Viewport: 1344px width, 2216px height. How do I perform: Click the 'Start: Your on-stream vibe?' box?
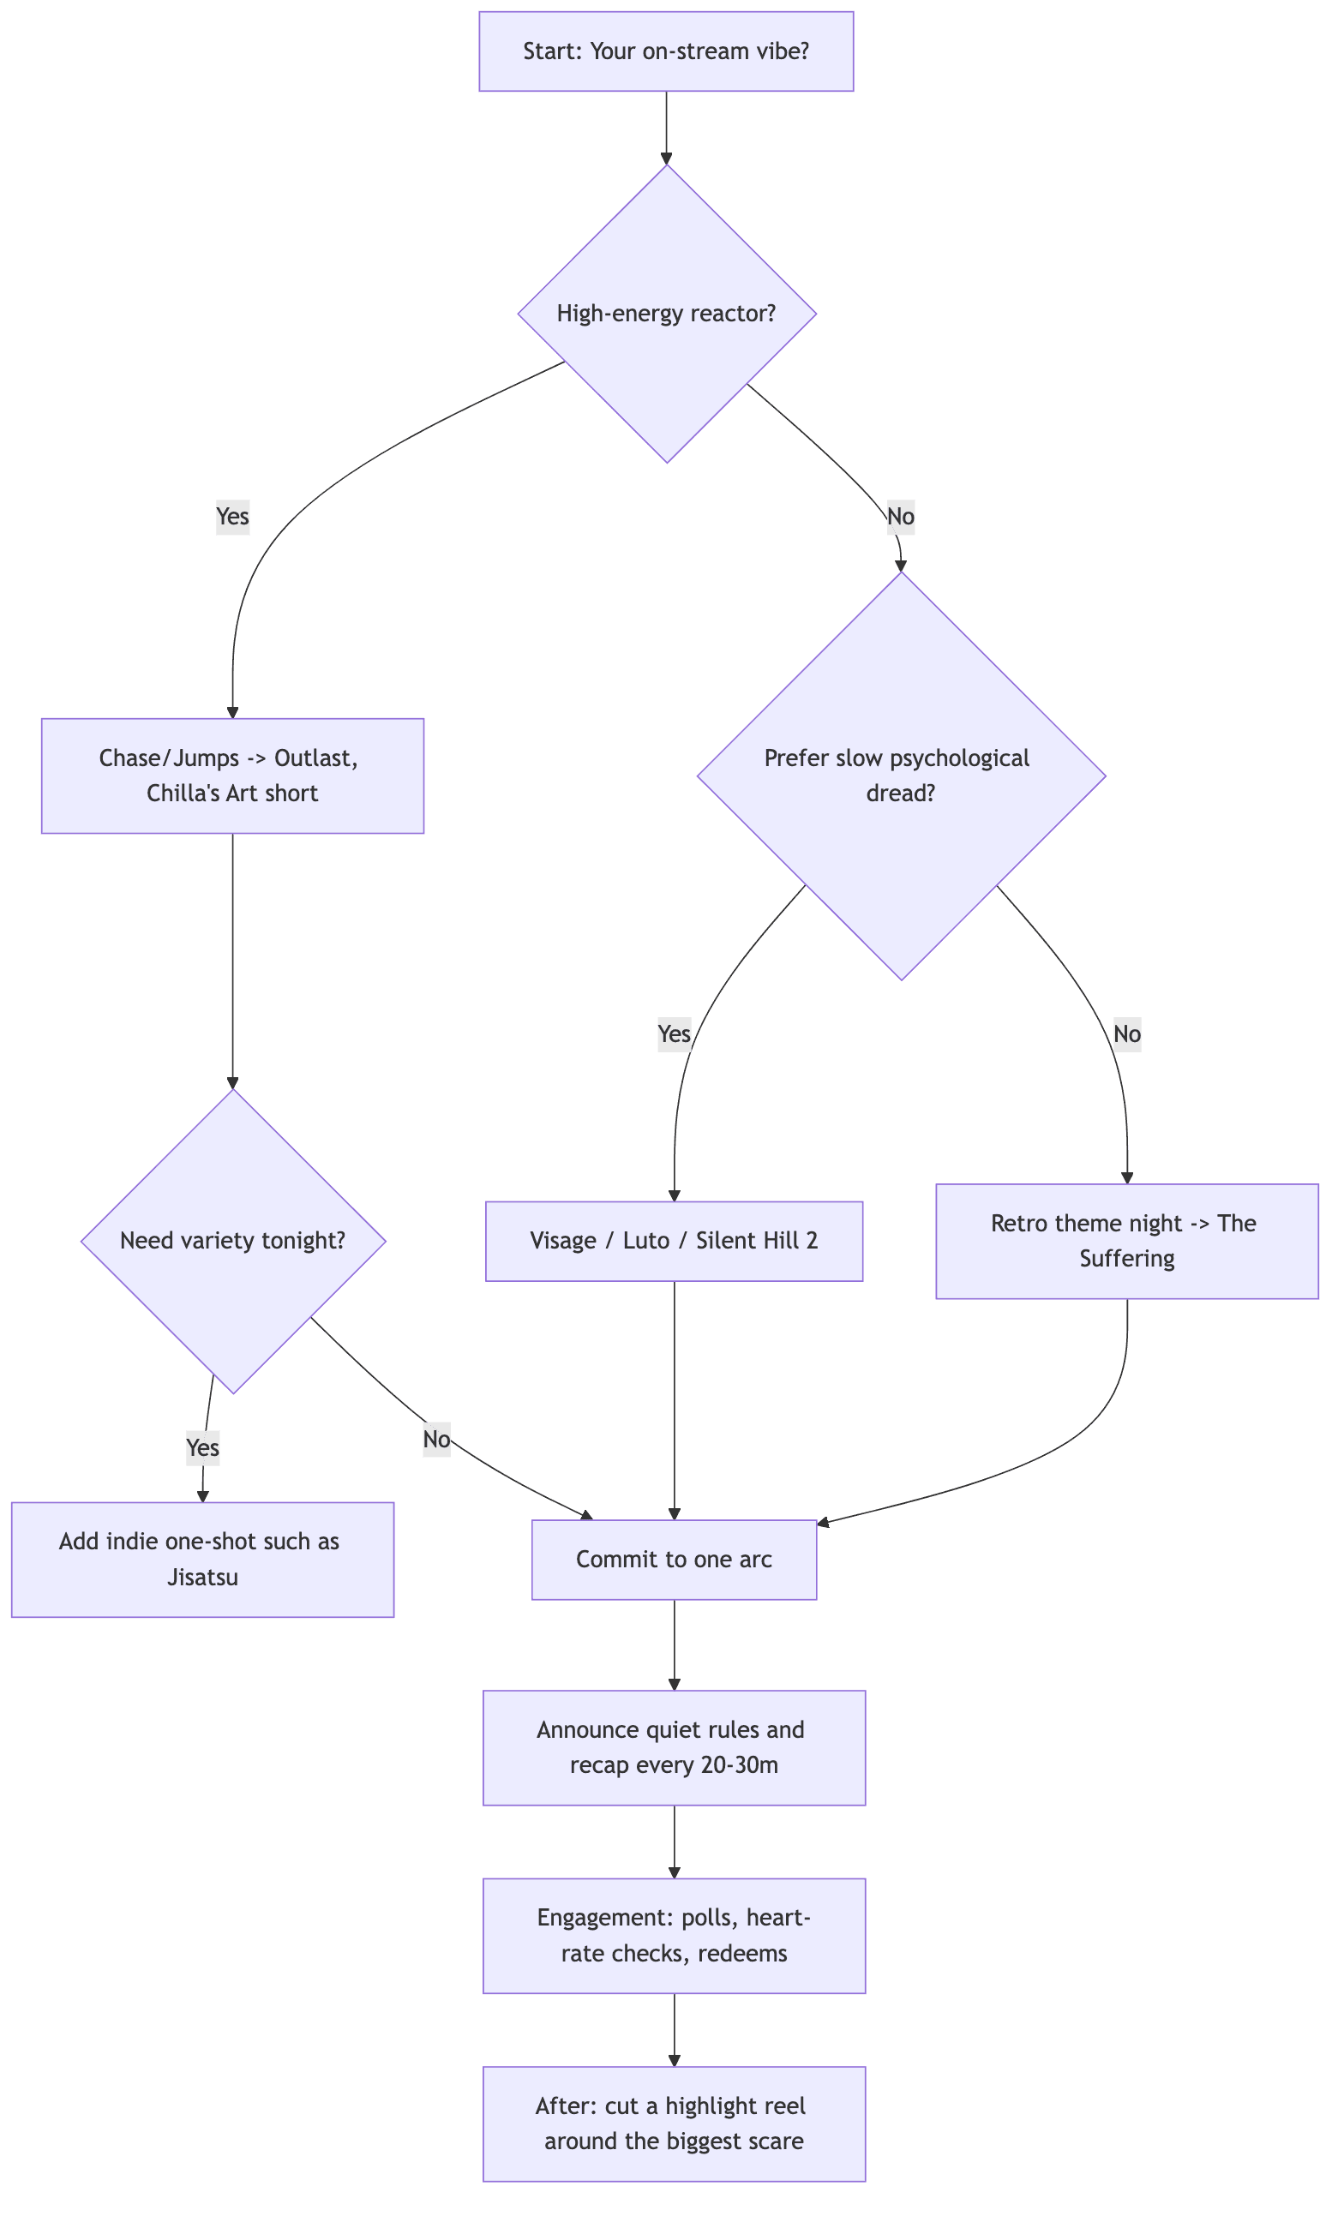tap(666, 51)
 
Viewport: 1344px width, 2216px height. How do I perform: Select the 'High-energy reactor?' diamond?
tap(667, 314)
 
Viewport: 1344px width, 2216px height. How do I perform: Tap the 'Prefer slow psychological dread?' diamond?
tap(901, 776)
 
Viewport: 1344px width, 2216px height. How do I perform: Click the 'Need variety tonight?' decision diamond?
tap(233, 1241)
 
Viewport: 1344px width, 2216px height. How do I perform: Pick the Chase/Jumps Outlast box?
tap(232, 776)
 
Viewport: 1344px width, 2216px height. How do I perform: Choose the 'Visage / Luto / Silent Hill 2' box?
tap(674, 1241)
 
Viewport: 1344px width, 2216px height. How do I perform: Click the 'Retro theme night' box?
tap(1126, 1241)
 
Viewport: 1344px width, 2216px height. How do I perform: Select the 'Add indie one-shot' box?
tap(202, 1560)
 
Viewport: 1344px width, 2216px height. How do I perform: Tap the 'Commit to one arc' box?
tap(674, 1560)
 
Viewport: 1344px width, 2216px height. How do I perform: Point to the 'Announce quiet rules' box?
tap(674, 1747)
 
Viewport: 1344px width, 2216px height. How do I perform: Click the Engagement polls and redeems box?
tap(674, 1936)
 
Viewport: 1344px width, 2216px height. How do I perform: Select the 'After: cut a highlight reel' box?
tap(674, 2123)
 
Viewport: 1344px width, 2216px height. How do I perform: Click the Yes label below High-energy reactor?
tap(232, 516)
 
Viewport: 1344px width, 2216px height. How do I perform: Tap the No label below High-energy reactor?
tap(901, 516)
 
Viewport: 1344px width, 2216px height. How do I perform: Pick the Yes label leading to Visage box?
tap(674, 1033)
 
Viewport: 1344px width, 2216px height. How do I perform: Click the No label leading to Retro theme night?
tap(1126, 1033)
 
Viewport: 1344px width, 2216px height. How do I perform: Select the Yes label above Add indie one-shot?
tap(202, 1448)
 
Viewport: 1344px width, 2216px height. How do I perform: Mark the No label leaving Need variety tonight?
tap(436, 1439)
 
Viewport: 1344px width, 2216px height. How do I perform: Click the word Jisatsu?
tap(202, 1578)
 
